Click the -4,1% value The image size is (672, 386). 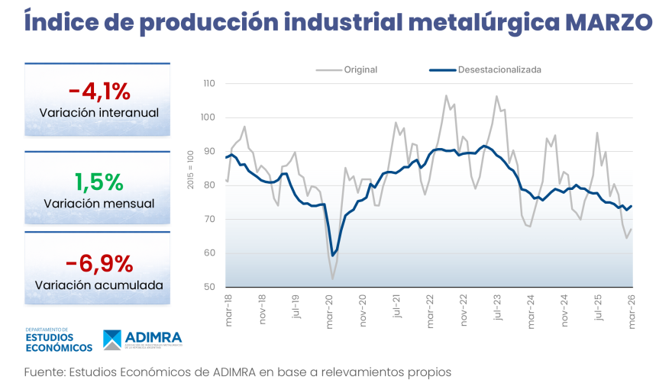(x=99, y=92)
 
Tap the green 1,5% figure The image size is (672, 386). (x=99, y=182)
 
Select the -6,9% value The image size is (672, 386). (x=99, y=264)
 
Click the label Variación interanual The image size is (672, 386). (x=99, y=113)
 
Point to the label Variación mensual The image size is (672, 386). (x=99, y=204)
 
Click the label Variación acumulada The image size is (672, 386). (x=99, y=285)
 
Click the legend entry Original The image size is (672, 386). (x=360, y=69)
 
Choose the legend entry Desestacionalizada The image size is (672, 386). (x=499, y=69)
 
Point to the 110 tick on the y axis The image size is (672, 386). (x=209, y=84)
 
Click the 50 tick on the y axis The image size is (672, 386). (x=211, y=288)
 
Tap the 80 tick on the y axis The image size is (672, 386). (x=211, y=185)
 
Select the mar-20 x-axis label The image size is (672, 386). (x=329, y=312)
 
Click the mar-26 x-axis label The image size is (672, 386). (x=631, y=312)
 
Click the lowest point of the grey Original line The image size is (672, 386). (x=332, y=279)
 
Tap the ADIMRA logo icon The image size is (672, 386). (x=112, y=340)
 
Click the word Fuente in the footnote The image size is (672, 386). (x=44, y=372)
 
